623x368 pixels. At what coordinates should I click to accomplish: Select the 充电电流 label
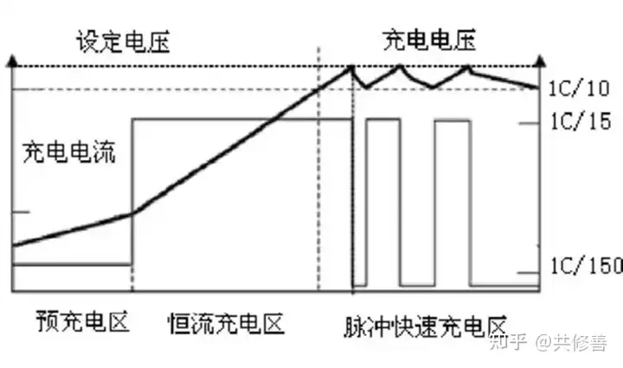coord(69,153)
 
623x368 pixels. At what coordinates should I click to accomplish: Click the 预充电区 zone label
coord(83,323)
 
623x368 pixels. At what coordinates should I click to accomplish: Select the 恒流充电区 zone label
coord(226,324)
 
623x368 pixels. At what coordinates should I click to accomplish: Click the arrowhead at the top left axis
coord(11,61)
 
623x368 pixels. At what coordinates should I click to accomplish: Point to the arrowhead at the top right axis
coord(538,61)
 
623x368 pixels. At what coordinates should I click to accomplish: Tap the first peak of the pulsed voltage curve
coord(352,67)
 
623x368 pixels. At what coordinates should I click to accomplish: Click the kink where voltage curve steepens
coord(132,213)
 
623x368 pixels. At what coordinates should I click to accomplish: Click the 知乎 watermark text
coord(504,344)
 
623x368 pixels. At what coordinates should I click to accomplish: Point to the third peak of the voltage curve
coord(468,67)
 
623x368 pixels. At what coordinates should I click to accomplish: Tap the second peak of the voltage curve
coord(400,67)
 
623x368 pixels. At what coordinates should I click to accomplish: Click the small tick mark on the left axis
coord(19,211)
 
